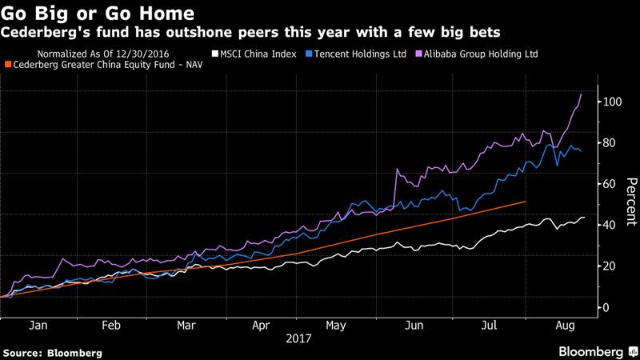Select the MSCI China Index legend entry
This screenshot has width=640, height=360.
254,54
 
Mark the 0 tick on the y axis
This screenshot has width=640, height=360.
606,307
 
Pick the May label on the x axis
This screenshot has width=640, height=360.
336,326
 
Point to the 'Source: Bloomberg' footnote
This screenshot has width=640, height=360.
53,352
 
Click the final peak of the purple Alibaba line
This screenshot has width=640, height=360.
580,94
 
